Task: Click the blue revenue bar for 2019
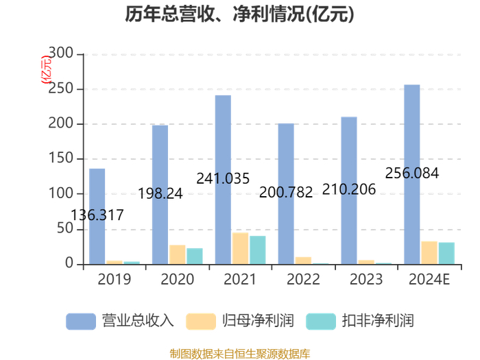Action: click(97, 217)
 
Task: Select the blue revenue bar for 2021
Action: click(223, 180)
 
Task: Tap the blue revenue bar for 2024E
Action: click(412, 174)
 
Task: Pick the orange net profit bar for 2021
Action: click(240, 248)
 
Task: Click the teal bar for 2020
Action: click(195, 256)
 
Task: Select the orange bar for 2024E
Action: click(429, 253)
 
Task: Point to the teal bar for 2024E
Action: click(446, 254)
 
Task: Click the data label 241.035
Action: click(223, 178)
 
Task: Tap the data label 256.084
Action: click(411, 173)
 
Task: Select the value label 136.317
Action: click(97, 215)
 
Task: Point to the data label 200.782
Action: click(286, 192)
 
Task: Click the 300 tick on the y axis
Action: click(61, 53)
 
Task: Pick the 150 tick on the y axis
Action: click(61, 158)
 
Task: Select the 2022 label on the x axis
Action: click(303, 279)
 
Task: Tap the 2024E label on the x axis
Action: click(429, 279)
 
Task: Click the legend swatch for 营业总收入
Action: click(81, 322)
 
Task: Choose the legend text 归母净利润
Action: click(258, 321)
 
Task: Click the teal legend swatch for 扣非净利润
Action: click(321, 322)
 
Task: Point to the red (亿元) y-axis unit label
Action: click(46, 69)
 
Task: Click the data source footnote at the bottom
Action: click(240, 354)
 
